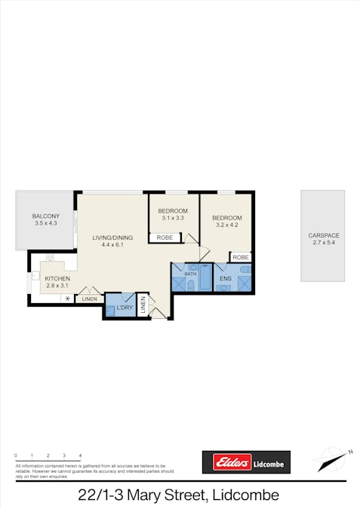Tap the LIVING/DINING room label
click(x=112, y=238)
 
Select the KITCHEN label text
click(x=57, y=278)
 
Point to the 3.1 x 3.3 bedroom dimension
click(x=173, y=218)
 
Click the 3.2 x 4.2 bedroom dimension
click(x=226, y=225)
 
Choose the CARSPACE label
click(x=322, y=235)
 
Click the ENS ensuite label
click(x=225, y=278)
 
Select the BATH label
click(x=191, y=273)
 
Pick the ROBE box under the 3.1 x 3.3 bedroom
click(x=165, y=238)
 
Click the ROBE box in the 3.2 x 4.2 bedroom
click(x=240, y=257)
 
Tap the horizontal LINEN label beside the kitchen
click(x=89, y=299)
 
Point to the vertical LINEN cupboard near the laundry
click(x=142, y=305)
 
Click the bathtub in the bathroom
click(x=205, y=279)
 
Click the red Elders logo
click(x=226, y=462)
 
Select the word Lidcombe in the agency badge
click(x=267, y=463)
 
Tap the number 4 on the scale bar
click(x=80, y=456)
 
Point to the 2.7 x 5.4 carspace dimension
click(x=322, y=242)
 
